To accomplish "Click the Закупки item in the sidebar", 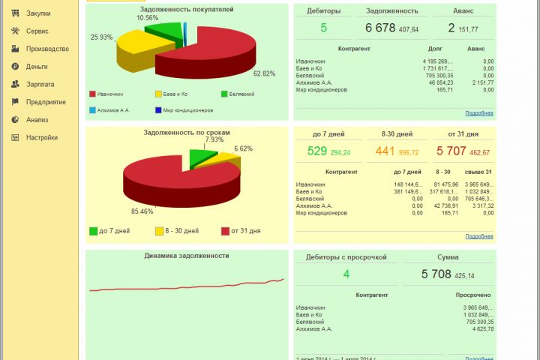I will tap(37, 13).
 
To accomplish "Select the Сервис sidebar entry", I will tap(37, 31).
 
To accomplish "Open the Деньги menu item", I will tap(37, 67).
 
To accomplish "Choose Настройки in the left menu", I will tap(41, 137).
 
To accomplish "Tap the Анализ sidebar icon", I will tap(15, 119).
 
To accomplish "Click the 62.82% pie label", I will tap(264, 73).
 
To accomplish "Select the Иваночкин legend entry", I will tap(109, 94).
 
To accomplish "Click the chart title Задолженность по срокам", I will tap(187, 132).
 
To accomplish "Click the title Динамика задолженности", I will tap(187, 256).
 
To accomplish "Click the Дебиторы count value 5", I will tap(324, 28).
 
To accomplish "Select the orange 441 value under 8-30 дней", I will tap(385, 151).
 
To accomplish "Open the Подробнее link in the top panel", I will tap(478, 113).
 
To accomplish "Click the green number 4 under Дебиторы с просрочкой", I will tap(346, 274).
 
